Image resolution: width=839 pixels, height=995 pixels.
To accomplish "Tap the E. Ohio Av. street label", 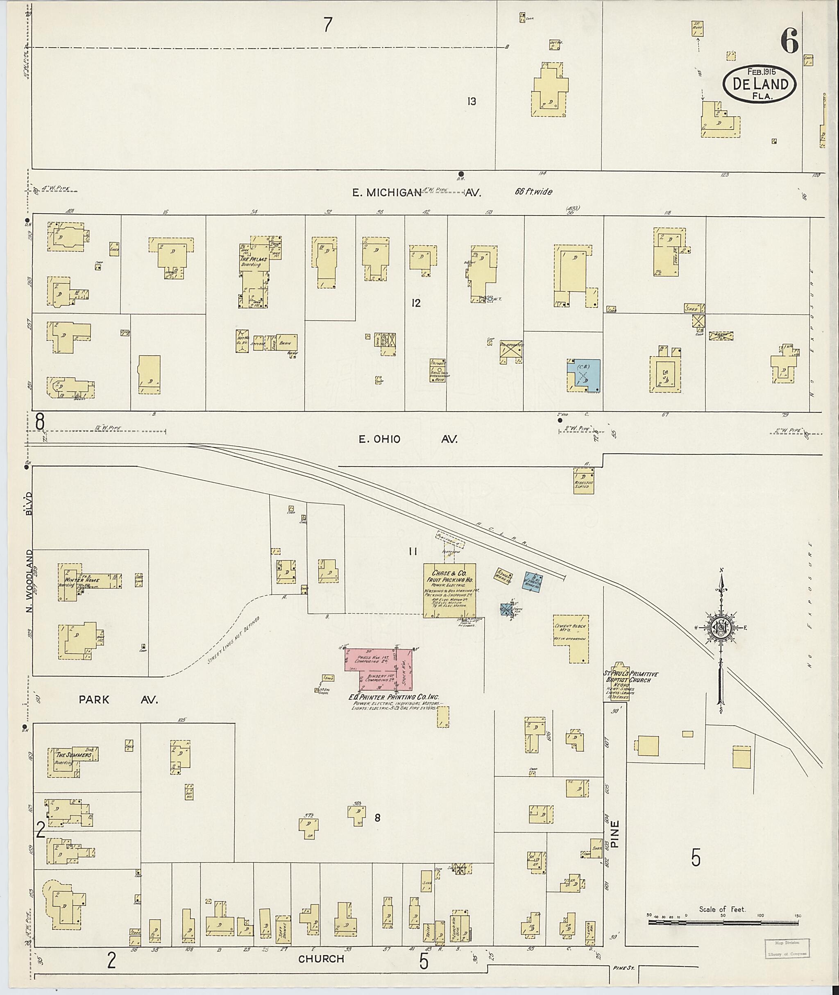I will click(408, 439).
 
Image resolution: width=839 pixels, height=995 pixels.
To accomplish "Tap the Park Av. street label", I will click(118, 700).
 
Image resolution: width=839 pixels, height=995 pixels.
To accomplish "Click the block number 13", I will click(472, 101).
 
